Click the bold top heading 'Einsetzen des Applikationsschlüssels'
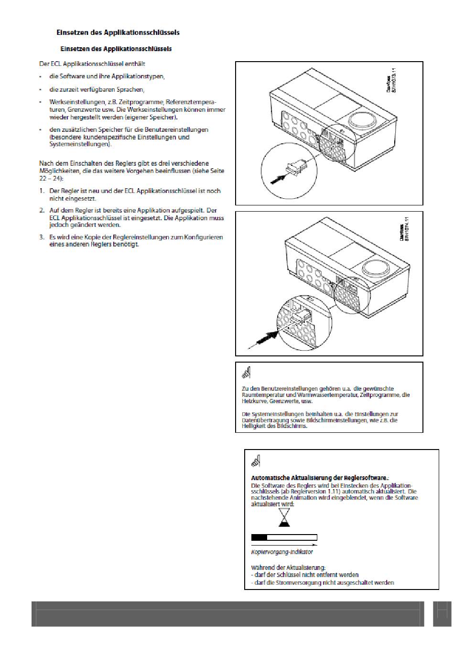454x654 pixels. [x=118, y=33]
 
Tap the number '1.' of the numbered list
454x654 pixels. [x=43, y=191]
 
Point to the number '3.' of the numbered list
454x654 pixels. [x=43, y=237]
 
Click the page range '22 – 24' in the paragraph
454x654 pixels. [x=47, y=178]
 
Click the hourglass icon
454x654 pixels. [x=284, y=517]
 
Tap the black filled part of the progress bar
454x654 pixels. [x=259, y=537]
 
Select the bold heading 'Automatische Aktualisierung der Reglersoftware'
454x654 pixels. [x=320, y=478]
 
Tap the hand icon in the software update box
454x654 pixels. [x=255, y=461]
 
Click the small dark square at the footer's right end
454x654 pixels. [x=442, y=613]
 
